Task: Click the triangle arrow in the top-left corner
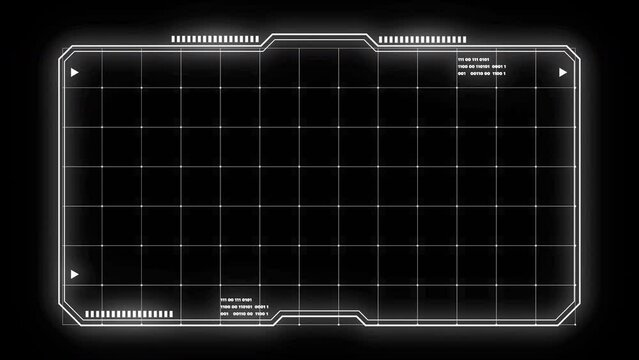click(74, 73)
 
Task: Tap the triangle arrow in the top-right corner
click(563, 73)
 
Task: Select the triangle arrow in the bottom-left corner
click(74, 274)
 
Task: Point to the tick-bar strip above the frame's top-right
click(412, 40)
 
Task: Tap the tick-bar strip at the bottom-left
click(129, 314)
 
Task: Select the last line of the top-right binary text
click(481, 74)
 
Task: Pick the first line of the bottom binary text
click(236, 299)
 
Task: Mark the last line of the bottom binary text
click(243, 314)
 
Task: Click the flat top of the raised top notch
click(320, 35)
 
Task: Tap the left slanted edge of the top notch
click(268, 41)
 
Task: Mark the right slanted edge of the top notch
click(372, 41)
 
